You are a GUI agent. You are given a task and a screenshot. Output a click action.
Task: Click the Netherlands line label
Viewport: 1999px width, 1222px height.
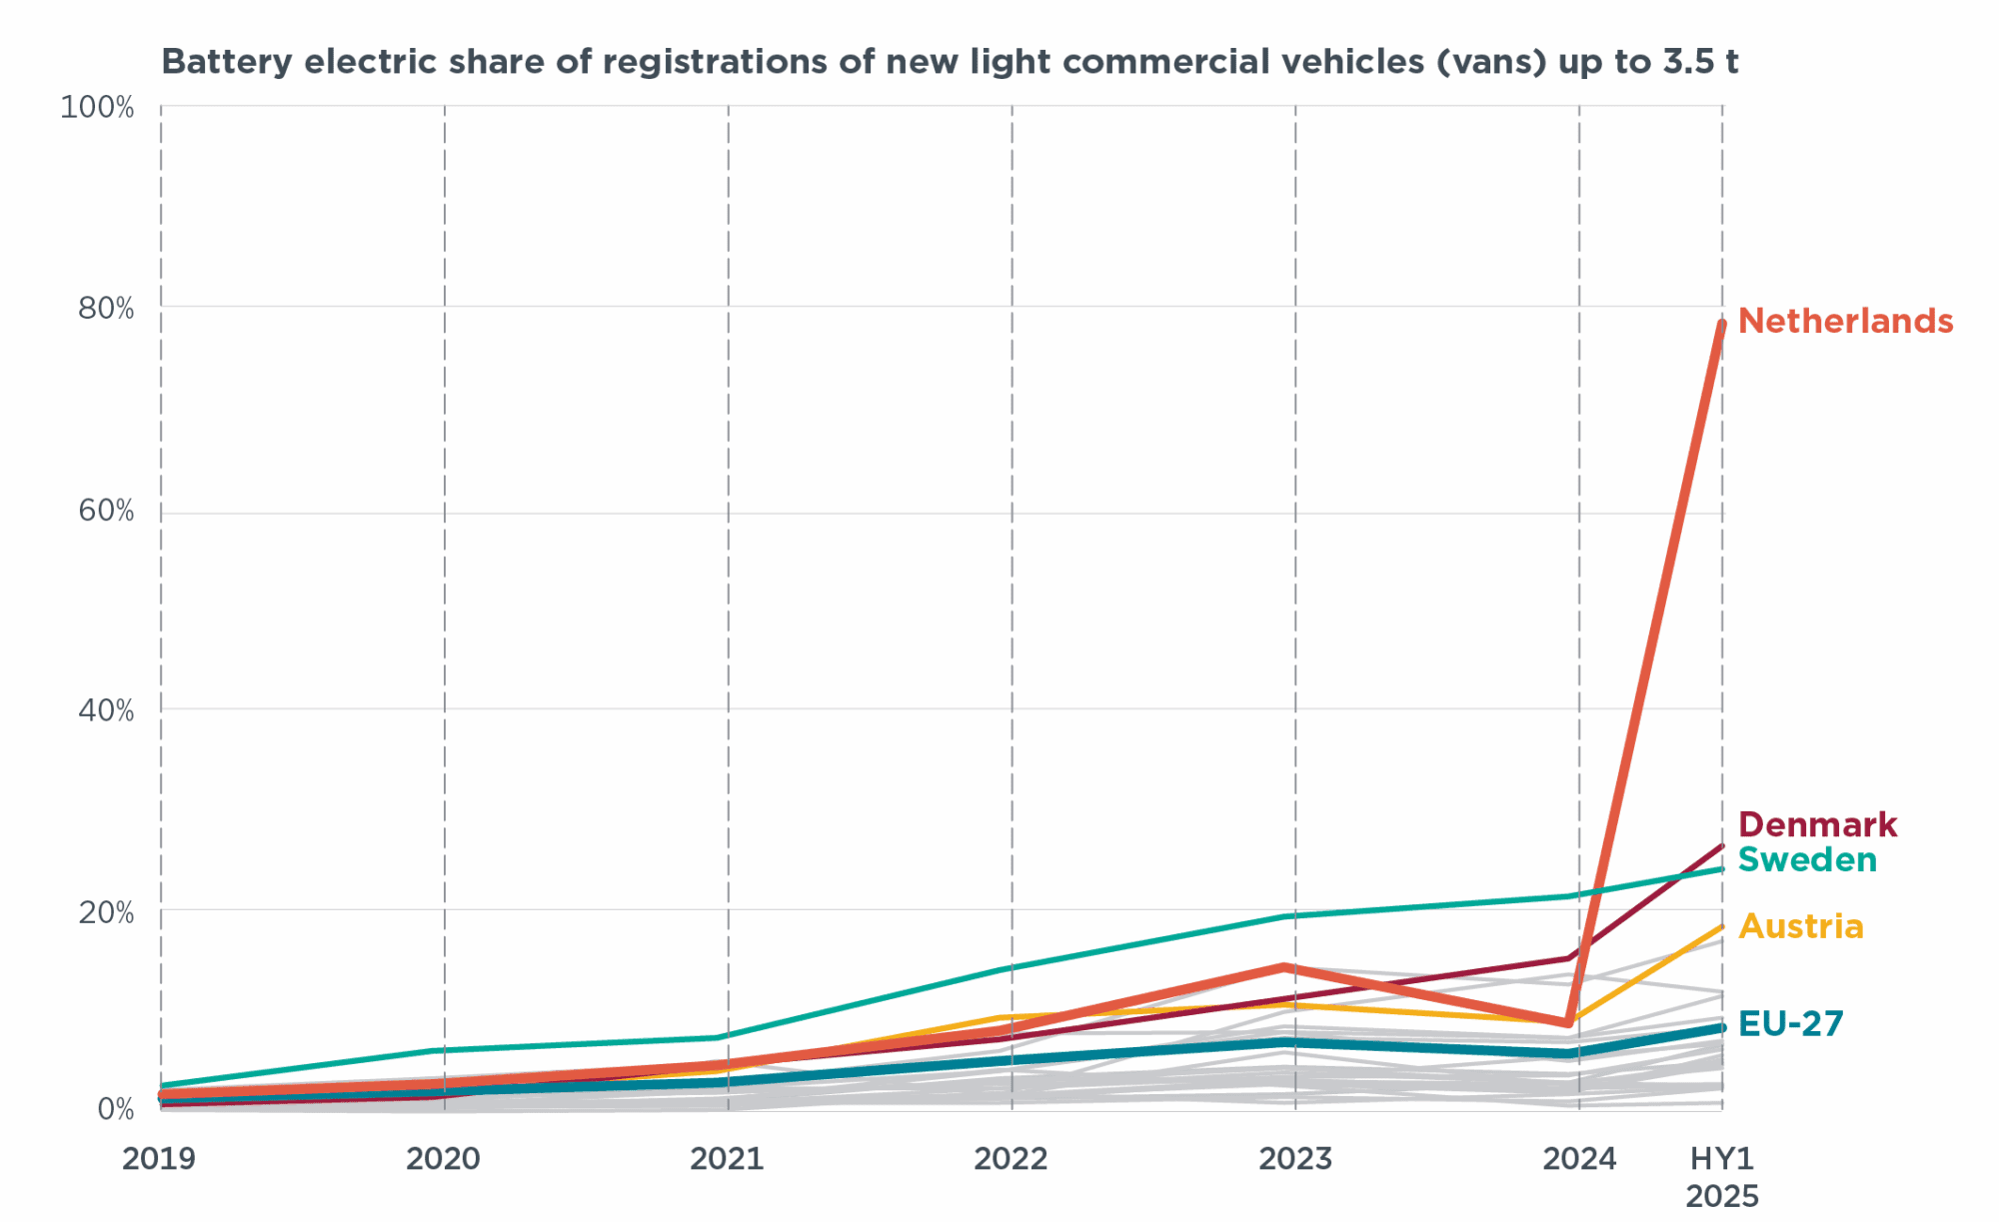coord(1845,322)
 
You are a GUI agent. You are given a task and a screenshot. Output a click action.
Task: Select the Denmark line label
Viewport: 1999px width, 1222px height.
coord(1817,825)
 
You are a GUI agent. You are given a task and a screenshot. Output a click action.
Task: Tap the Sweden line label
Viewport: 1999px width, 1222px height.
coord(1807,860)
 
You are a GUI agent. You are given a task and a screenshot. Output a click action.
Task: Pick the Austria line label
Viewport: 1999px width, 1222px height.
coord(1801,927)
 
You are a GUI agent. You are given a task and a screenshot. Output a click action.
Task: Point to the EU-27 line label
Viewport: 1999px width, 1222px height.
coord(1790,1024)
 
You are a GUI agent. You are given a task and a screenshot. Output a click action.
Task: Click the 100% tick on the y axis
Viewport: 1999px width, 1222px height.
coord(97,108)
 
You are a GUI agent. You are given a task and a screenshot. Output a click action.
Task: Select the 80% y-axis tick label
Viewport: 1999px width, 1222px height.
coord(105,309)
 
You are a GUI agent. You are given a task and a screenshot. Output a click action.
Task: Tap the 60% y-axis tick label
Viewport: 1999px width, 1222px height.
coord(105,512)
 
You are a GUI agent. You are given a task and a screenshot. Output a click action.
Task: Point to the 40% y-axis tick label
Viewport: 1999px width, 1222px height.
coord(105,711)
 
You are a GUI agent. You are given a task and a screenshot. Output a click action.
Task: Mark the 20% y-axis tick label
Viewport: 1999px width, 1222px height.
coord(105,912)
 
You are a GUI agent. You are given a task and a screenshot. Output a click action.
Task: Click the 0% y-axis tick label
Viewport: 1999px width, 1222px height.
coord(115,1109)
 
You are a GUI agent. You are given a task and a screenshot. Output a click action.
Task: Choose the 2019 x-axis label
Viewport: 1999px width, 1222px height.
coord(159,1159)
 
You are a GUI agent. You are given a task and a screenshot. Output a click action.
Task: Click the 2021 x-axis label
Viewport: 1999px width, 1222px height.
coord(728,1159)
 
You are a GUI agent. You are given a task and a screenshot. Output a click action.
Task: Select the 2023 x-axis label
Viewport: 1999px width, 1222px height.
coord(1295,1159)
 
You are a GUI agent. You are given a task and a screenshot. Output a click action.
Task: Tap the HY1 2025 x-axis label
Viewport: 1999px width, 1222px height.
coord(1722,1177)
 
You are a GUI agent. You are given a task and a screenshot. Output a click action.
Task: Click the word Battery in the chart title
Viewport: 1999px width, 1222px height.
coord(227,62)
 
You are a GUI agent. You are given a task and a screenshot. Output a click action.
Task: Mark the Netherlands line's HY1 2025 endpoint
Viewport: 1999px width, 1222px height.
coord(1721,325)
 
